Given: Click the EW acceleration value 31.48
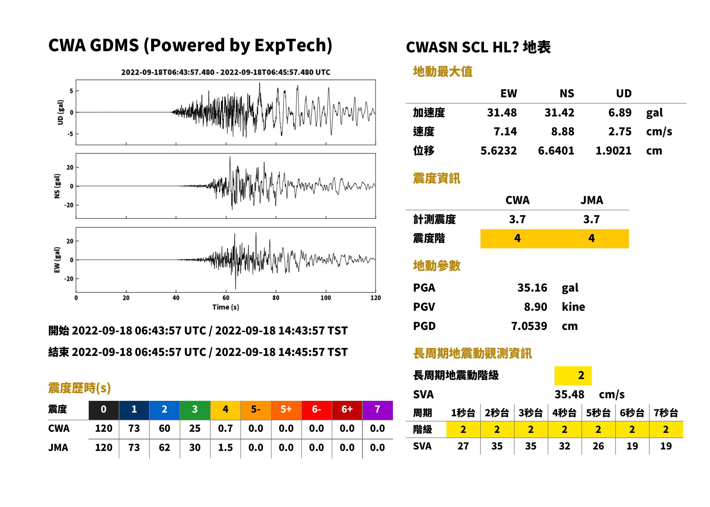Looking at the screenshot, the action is (x=501, y=112).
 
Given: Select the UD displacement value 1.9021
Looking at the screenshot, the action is (x=613, y=151).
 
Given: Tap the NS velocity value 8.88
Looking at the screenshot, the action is (x=562, y=131).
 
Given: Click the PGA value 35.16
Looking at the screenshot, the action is (x=532, y=288).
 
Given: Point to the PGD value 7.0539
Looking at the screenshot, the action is (x=529, y=326).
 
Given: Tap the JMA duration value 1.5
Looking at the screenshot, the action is (x=225, y=447).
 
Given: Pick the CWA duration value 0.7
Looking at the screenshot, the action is (x=225, y=428).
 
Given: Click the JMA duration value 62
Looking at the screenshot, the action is (x=164, y=447).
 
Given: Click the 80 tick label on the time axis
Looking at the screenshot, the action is (x=276, y=298).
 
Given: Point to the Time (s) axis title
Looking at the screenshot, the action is (x=226, y=307).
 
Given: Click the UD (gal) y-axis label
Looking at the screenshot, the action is (x=60, y=112).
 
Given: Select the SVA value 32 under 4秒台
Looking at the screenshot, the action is (x=564, y=446).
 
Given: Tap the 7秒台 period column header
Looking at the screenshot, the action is (x=666, y=413).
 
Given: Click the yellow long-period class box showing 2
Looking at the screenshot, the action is (x=573, y=375).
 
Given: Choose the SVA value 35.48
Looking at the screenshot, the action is (x=569, y=395).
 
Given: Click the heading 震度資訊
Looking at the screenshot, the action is (x=436, y=179).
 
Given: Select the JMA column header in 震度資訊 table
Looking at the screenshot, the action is (x=592, y=200).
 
